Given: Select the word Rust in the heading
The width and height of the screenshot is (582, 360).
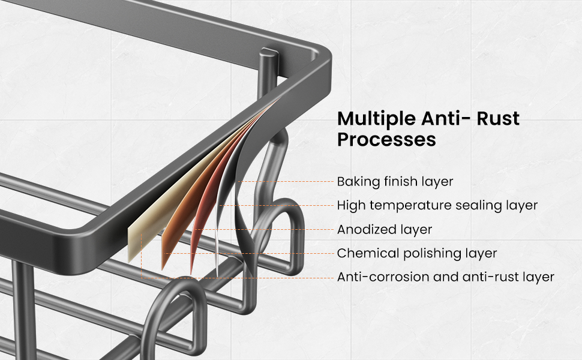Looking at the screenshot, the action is [498, 119].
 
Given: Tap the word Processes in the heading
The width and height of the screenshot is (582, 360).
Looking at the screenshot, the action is [386, 140].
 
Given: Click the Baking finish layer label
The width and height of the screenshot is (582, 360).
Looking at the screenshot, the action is [395, 182].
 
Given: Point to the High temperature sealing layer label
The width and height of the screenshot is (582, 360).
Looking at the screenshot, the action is [437, 205].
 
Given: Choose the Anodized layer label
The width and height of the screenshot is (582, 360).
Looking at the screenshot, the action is [385, 230].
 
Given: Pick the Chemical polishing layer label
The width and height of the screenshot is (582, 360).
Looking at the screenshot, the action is [417, 253].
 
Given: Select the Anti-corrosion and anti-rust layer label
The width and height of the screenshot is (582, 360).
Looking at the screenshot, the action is [446, 277].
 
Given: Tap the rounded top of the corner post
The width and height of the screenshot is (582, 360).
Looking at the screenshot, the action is [268, 53].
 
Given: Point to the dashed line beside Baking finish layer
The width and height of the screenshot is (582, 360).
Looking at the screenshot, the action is [286, 181].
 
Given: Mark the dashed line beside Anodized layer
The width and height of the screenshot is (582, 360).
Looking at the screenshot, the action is [264, 229].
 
